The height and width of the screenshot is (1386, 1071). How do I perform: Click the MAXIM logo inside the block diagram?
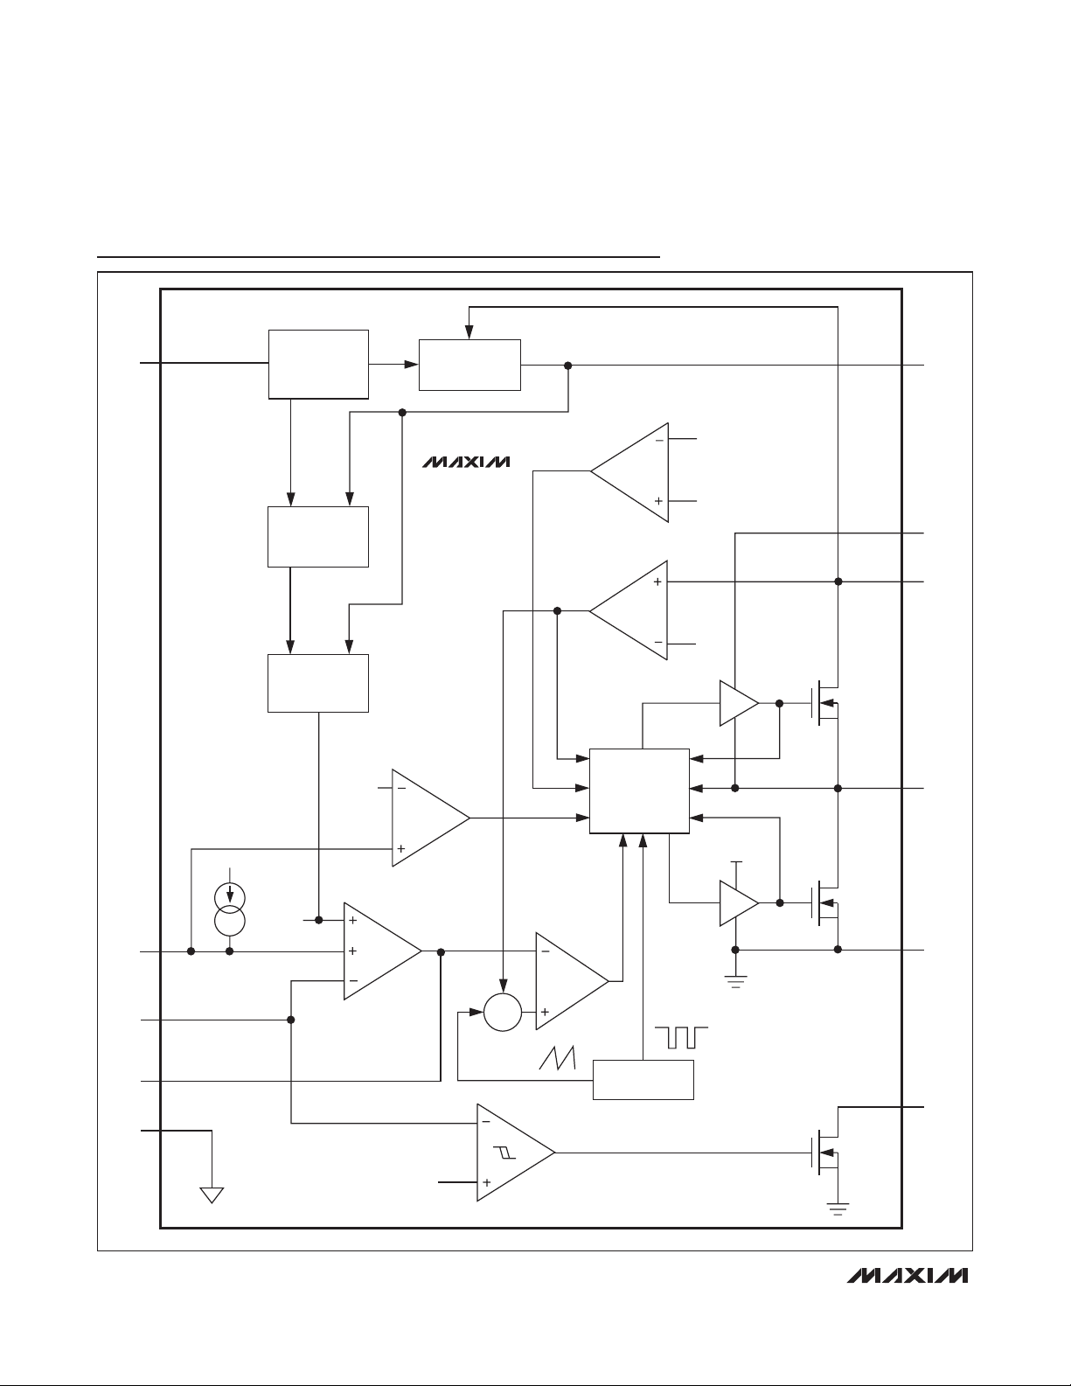click(466, 462)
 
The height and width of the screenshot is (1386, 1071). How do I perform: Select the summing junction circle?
click(503, 1012)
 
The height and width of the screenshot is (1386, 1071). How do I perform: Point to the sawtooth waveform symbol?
click(557, 1057)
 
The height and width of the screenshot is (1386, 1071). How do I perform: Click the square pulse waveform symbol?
click(681, 1037)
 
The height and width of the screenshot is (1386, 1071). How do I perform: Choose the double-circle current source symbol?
click(229, 909)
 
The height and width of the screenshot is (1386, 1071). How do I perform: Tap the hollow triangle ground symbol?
click(212, 1194)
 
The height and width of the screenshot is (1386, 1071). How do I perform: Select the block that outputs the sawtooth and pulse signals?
click(643, 1080)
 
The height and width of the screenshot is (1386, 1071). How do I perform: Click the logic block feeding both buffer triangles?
click(639, 791)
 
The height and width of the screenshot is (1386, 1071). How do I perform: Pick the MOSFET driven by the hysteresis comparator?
click(825, 1152)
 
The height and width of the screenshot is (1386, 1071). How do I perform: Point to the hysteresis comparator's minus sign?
click(486, 1121)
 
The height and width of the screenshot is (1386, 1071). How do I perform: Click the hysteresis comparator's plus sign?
click(486, 1182)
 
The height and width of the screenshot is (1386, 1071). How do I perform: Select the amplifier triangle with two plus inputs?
click(383, 951)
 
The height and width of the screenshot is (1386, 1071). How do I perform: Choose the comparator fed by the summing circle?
click(573, 981)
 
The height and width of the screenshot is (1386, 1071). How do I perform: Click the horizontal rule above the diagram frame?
click(378, 257)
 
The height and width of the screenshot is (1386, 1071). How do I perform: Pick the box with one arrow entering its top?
click(469, 365)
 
